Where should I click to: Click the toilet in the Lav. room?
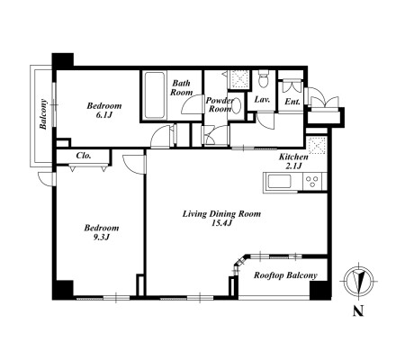(264, 79)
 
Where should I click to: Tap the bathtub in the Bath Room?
(155, 95)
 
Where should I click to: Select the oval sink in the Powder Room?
(237, 106)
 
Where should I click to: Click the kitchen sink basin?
(279, 182)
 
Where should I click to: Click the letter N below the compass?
(358, 310)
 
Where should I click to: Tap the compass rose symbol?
(358, 282)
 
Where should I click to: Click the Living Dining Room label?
(221, 214)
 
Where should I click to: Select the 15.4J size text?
(222, 223)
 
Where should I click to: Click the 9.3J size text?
(102, 237)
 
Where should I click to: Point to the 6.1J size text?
(104, 114)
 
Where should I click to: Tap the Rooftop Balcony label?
(285, 275)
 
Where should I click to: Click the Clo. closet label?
(84, 156)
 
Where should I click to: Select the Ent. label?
(292, 102)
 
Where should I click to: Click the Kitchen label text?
(293, 157)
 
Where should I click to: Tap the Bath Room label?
(182, 87)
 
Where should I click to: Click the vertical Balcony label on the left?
(44, 114)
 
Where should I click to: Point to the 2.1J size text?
(293, 166)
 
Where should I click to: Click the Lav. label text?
(262, 99)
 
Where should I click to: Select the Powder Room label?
(220, 104)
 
